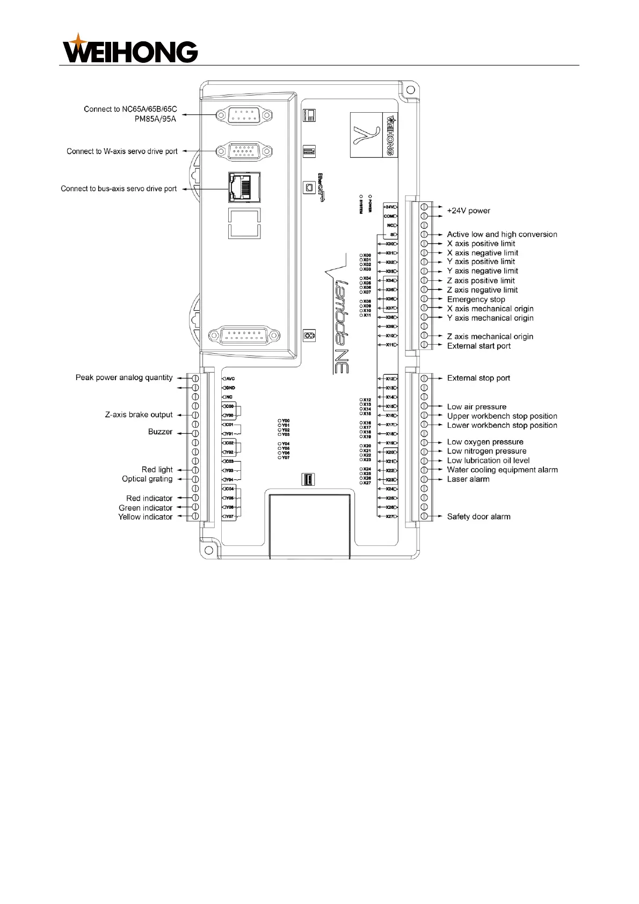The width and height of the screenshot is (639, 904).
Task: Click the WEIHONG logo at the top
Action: pos(130,49)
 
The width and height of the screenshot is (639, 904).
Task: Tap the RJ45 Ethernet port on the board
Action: pos(244,187)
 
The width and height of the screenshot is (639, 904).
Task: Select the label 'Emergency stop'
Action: pos(476,300)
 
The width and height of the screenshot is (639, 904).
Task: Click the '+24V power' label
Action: pos(468,211)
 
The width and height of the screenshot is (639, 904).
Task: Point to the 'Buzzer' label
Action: pos(160,432)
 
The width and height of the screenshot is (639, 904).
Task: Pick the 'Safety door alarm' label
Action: pos(478,517)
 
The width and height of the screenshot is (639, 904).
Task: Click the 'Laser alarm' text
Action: pos(468,479)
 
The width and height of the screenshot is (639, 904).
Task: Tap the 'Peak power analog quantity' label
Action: pos(124,378)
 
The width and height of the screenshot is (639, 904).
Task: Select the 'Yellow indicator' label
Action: pos(146,517)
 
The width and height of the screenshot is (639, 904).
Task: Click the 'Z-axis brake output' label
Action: pos(139,415)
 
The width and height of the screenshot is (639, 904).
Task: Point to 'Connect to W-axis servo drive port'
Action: pos(122,151)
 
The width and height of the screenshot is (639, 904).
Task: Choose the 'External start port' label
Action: pos(478,346)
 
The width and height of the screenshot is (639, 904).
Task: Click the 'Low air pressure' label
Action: pos(476,407)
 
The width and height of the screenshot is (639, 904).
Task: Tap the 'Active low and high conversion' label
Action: pos(502,235)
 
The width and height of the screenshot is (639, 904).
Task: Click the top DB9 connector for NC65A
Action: pos(244,115)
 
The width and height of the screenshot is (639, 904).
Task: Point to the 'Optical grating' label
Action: pos(147,479)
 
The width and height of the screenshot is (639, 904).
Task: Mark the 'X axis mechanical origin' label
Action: pos(490,309)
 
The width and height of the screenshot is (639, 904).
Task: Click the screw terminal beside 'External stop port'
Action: pos(424,378)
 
